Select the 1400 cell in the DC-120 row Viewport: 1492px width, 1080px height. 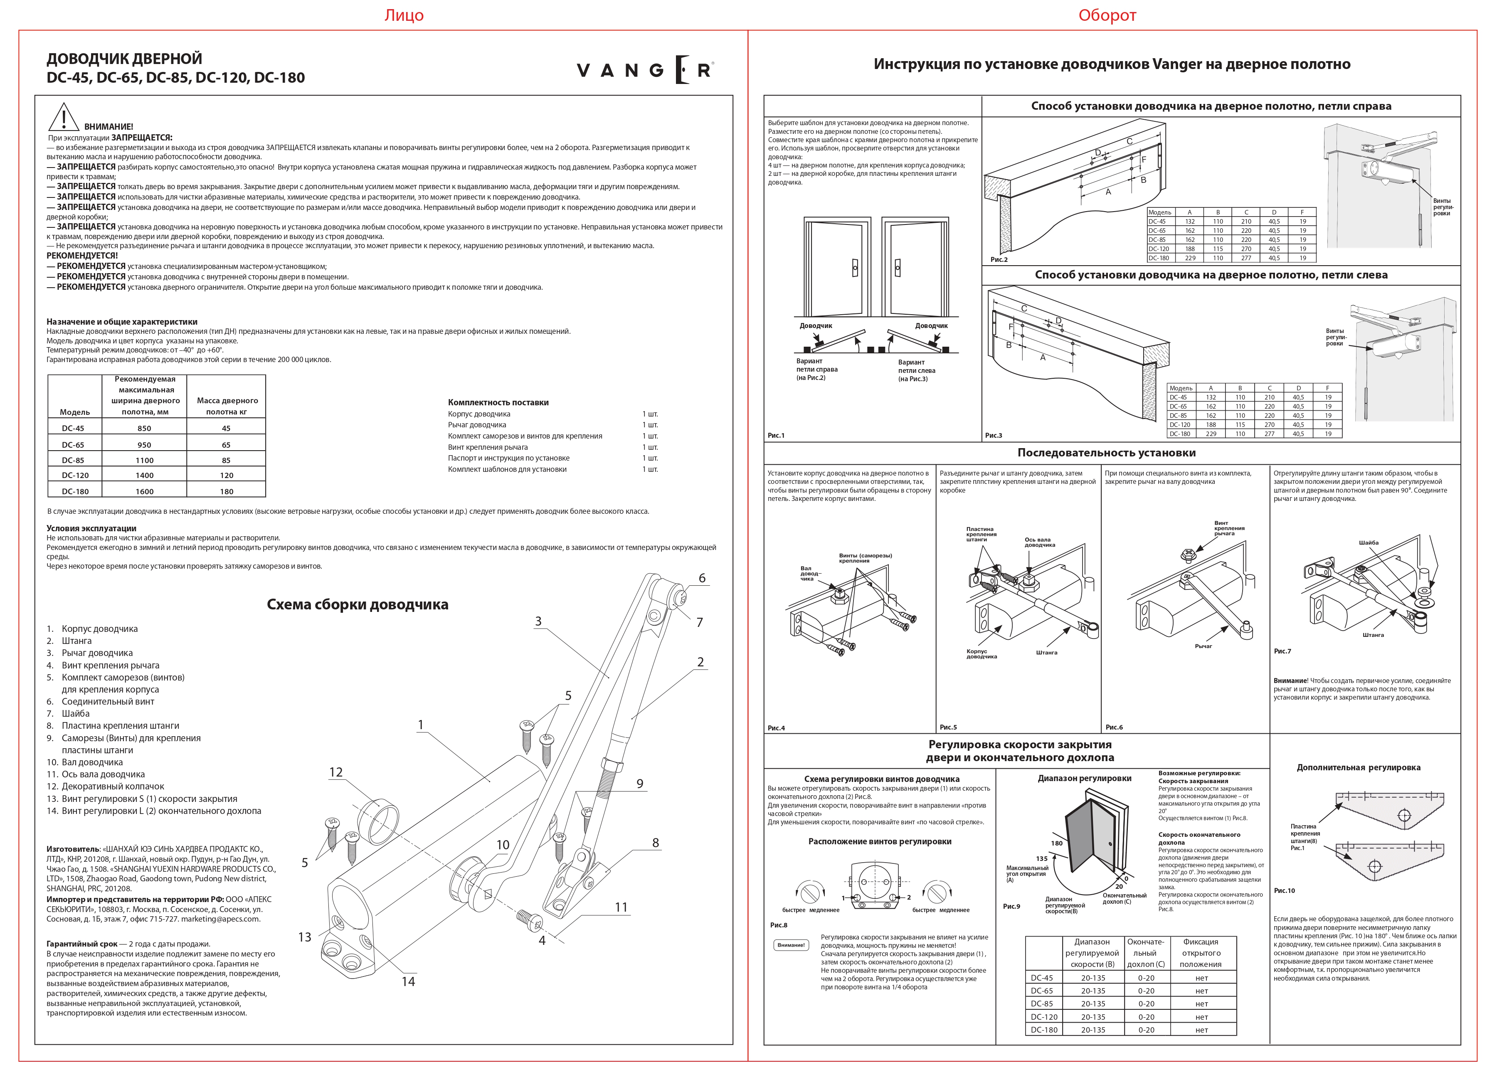pos(145,475)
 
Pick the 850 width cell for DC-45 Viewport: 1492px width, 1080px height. pos(145,428)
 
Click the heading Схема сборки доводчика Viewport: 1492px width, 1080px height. pos(357,604)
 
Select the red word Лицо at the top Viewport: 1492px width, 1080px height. pos(404,15)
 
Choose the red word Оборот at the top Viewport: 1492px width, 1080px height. pos(1107,15)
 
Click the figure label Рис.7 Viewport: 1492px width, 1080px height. pos(1282,651)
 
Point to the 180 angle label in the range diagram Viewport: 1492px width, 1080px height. pos(1056,843)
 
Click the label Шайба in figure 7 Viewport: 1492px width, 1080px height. pos(1368,542)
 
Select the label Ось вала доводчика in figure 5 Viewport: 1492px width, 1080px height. pos(1039,542)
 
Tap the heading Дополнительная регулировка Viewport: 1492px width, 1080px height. pos(1359,767)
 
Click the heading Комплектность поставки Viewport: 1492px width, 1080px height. pos(498,402)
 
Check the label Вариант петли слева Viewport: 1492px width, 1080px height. pos(916,370)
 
